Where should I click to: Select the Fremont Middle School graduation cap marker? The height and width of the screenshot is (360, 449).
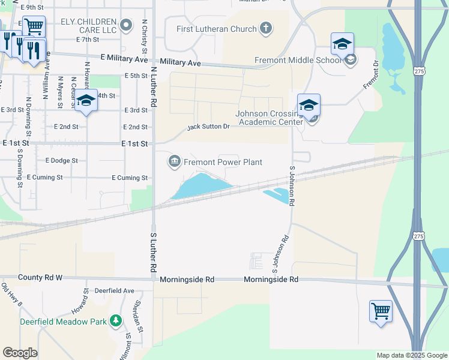click(x=342, y=43)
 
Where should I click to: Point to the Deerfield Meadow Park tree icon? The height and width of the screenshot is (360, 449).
click(x=114, y=322)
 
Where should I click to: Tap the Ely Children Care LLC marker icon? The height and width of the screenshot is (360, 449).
click(x=125, y=25)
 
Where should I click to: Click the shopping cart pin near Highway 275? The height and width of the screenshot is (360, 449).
click(x=381, y=311)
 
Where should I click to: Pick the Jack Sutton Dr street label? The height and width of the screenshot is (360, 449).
click(x=208, y=127)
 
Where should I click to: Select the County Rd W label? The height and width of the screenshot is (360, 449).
click(x=40, y=278)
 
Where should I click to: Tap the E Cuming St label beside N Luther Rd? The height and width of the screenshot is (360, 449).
click(x=129, y=178)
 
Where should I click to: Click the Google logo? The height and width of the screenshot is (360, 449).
click(x=20, y=353)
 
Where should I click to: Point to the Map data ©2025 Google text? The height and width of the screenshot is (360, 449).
click(x=411, y=355)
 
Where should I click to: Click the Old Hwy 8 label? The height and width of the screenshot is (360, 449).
click(x=11, y=295)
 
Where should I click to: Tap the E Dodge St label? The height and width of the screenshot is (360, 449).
click(x=61, y=161)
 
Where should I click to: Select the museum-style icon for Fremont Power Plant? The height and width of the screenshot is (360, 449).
click(x=175, y=160)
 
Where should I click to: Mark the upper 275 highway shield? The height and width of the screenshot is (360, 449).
click(x=419, y=71)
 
